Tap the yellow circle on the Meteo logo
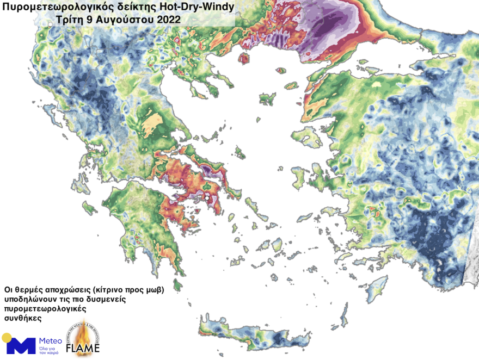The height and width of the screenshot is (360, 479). pos(7,338)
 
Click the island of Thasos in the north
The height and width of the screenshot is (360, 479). pos(243,58)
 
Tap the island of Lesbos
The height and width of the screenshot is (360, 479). pos(306,136)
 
